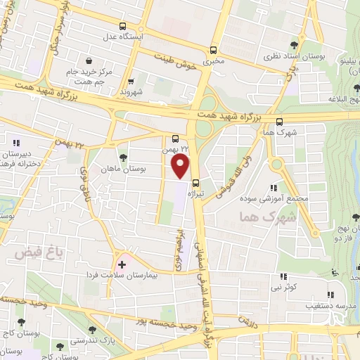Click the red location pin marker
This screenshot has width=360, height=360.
(181, 166)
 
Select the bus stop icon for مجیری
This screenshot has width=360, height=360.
(213, 50)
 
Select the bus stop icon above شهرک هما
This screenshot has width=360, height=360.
(280, 121)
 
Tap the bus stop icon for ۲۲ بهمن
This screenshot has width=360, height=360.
(176, 138)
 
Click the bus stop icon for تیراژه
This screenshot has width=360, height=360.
(196, 184)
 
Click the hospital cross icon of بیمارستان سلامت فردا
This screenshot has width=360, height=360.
(122, 264)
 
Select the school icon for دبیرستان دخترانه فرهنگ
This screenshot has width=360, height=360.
(17, 143)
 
